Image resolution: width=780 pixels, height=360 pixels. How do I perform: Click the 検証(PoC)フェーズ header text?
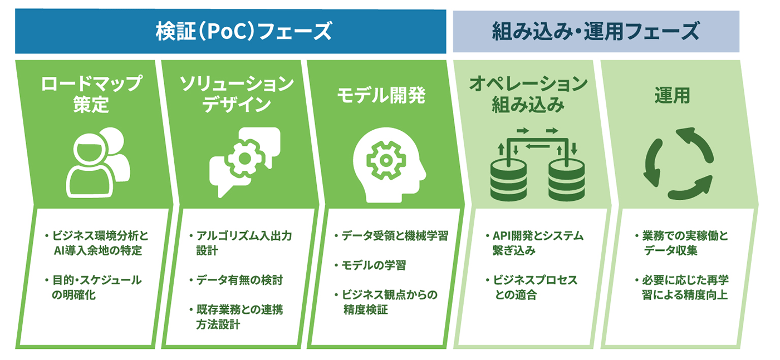(x=244, y=31)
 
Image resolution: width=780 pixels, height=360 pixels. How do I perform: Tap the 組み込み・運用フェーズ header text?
(x=596, y=31)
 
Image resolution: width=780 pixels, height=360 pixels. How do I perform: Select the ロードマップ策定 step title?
(x=91, y=93)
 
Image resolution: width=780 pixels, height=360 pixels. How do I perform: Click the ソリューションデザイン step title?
(x=237, y=93)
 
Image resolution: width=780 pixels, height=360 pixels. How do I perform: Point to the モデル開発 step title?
(x=381, y=95)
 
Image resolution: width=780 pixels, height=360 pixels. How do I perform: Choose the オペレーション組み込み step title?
(x=528, y=93)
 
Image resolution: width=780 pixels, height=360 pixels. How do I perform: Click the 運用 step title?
(x=672, y=95)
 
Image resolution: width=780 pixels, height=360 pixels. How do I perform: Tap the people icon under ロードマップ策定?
(x=98, y=162)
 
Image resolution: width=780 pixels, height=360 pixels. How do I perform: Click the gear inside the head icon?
(x=386, y=160)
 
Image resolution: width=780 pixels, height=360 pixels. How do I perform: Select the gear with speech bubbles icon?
(x=245, y=162)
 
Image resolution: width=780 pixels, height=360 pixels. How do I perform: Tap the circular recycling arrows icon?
(x=678, y=164)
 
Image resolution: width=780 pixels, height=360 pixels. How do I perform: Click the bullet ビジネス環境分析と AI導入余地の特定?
(x=97, y=243)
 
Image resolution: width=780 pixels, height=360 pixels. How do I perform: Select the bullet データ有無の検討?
(x=236, y=280)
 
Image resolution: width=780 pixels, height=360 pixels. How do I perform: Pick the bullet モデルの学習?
(x=370, y=265)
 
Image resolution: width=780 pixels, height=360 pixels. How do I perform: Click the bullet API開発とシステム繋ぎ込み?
(x=534, y=243)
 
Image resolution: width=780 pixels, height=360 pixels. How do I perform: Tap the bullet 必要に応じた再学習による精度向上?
(x=681, y=288)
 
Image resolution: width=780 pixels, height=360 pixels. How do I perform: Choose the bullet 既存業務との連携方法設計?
(x=236, y=317)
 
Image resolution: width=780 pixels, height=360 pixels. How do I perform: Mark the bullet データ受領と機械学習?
(x=391, y=236)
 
